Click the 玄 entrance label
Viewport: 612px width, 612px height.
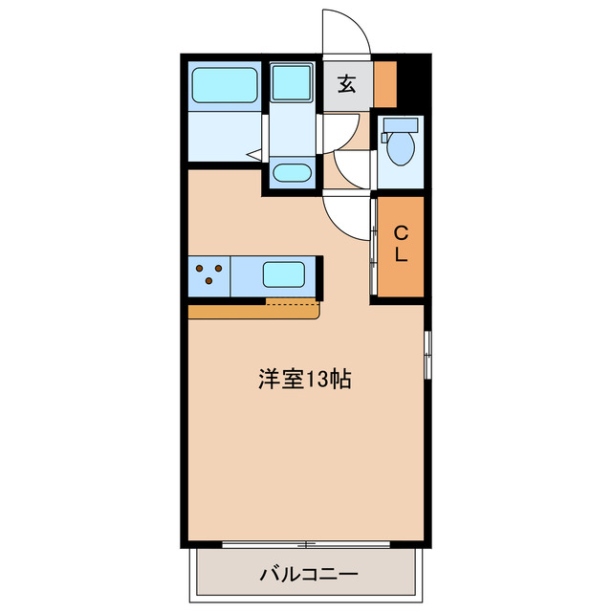coord(346,84)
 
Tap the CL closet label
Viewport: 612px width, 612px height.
coord(401,245)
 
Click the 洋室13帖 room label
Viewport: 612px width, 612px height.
coord(305,380)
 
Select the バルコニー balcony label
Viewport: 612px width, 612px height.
coord(309,575)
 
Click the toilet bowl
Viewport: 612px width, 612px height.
coord(401,147)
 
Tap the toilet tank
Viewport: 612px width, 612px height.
coord(401,125)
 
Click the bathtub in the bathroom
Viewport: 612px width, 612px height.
coord(225,86)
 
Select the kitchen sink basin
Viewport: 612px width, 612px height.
coord(284,274)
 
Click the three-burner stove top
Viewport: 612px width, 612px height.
coord(209,275)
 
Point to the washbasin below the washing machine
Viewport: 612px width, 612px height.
coord(292,172)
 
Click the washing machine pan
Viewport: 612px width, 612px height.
coord(292,82)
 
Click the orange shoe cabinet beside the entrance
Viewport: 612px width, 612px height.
coord(385,84)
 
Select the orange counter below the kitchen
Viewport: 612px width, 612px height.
coord(253,312)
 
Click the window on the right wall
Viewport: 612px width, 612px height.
coord(427,355)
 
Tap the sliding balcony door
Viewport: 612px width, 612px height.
coord(306,544)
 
